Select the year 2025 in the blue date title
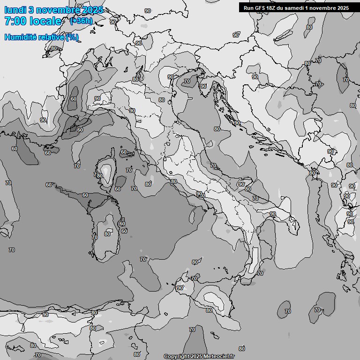click(x=92, y=10)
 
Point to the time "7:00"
click(x=15, y=21)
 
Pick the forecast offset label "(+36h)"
click(x=81, y=21)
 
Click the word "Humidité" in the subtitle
click(x=22, y=37)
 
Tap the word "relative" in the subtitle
click(x=52, y=37)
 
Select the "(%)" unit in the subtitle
click(x=72, y=37)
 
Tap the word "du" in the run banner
click(x=281, y=8)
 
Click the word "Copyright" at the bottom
click(x=176, y=357)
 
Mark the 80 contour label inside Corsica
click(x=99, y=176)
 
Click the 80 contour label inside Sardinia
click(x=107, y=234)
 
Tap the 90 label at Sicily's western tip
click(x=180, y=288)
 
